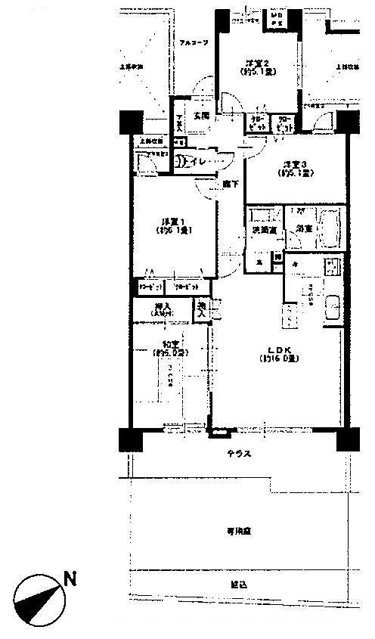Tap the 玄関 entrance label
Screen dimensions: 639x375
pos(201,116)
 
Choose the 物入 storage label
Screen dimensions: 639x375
pos(202,309)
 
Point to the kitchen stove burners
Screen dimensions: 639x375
pos(330,266)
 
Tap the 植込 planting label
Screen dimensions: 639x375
pos(239,584)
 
